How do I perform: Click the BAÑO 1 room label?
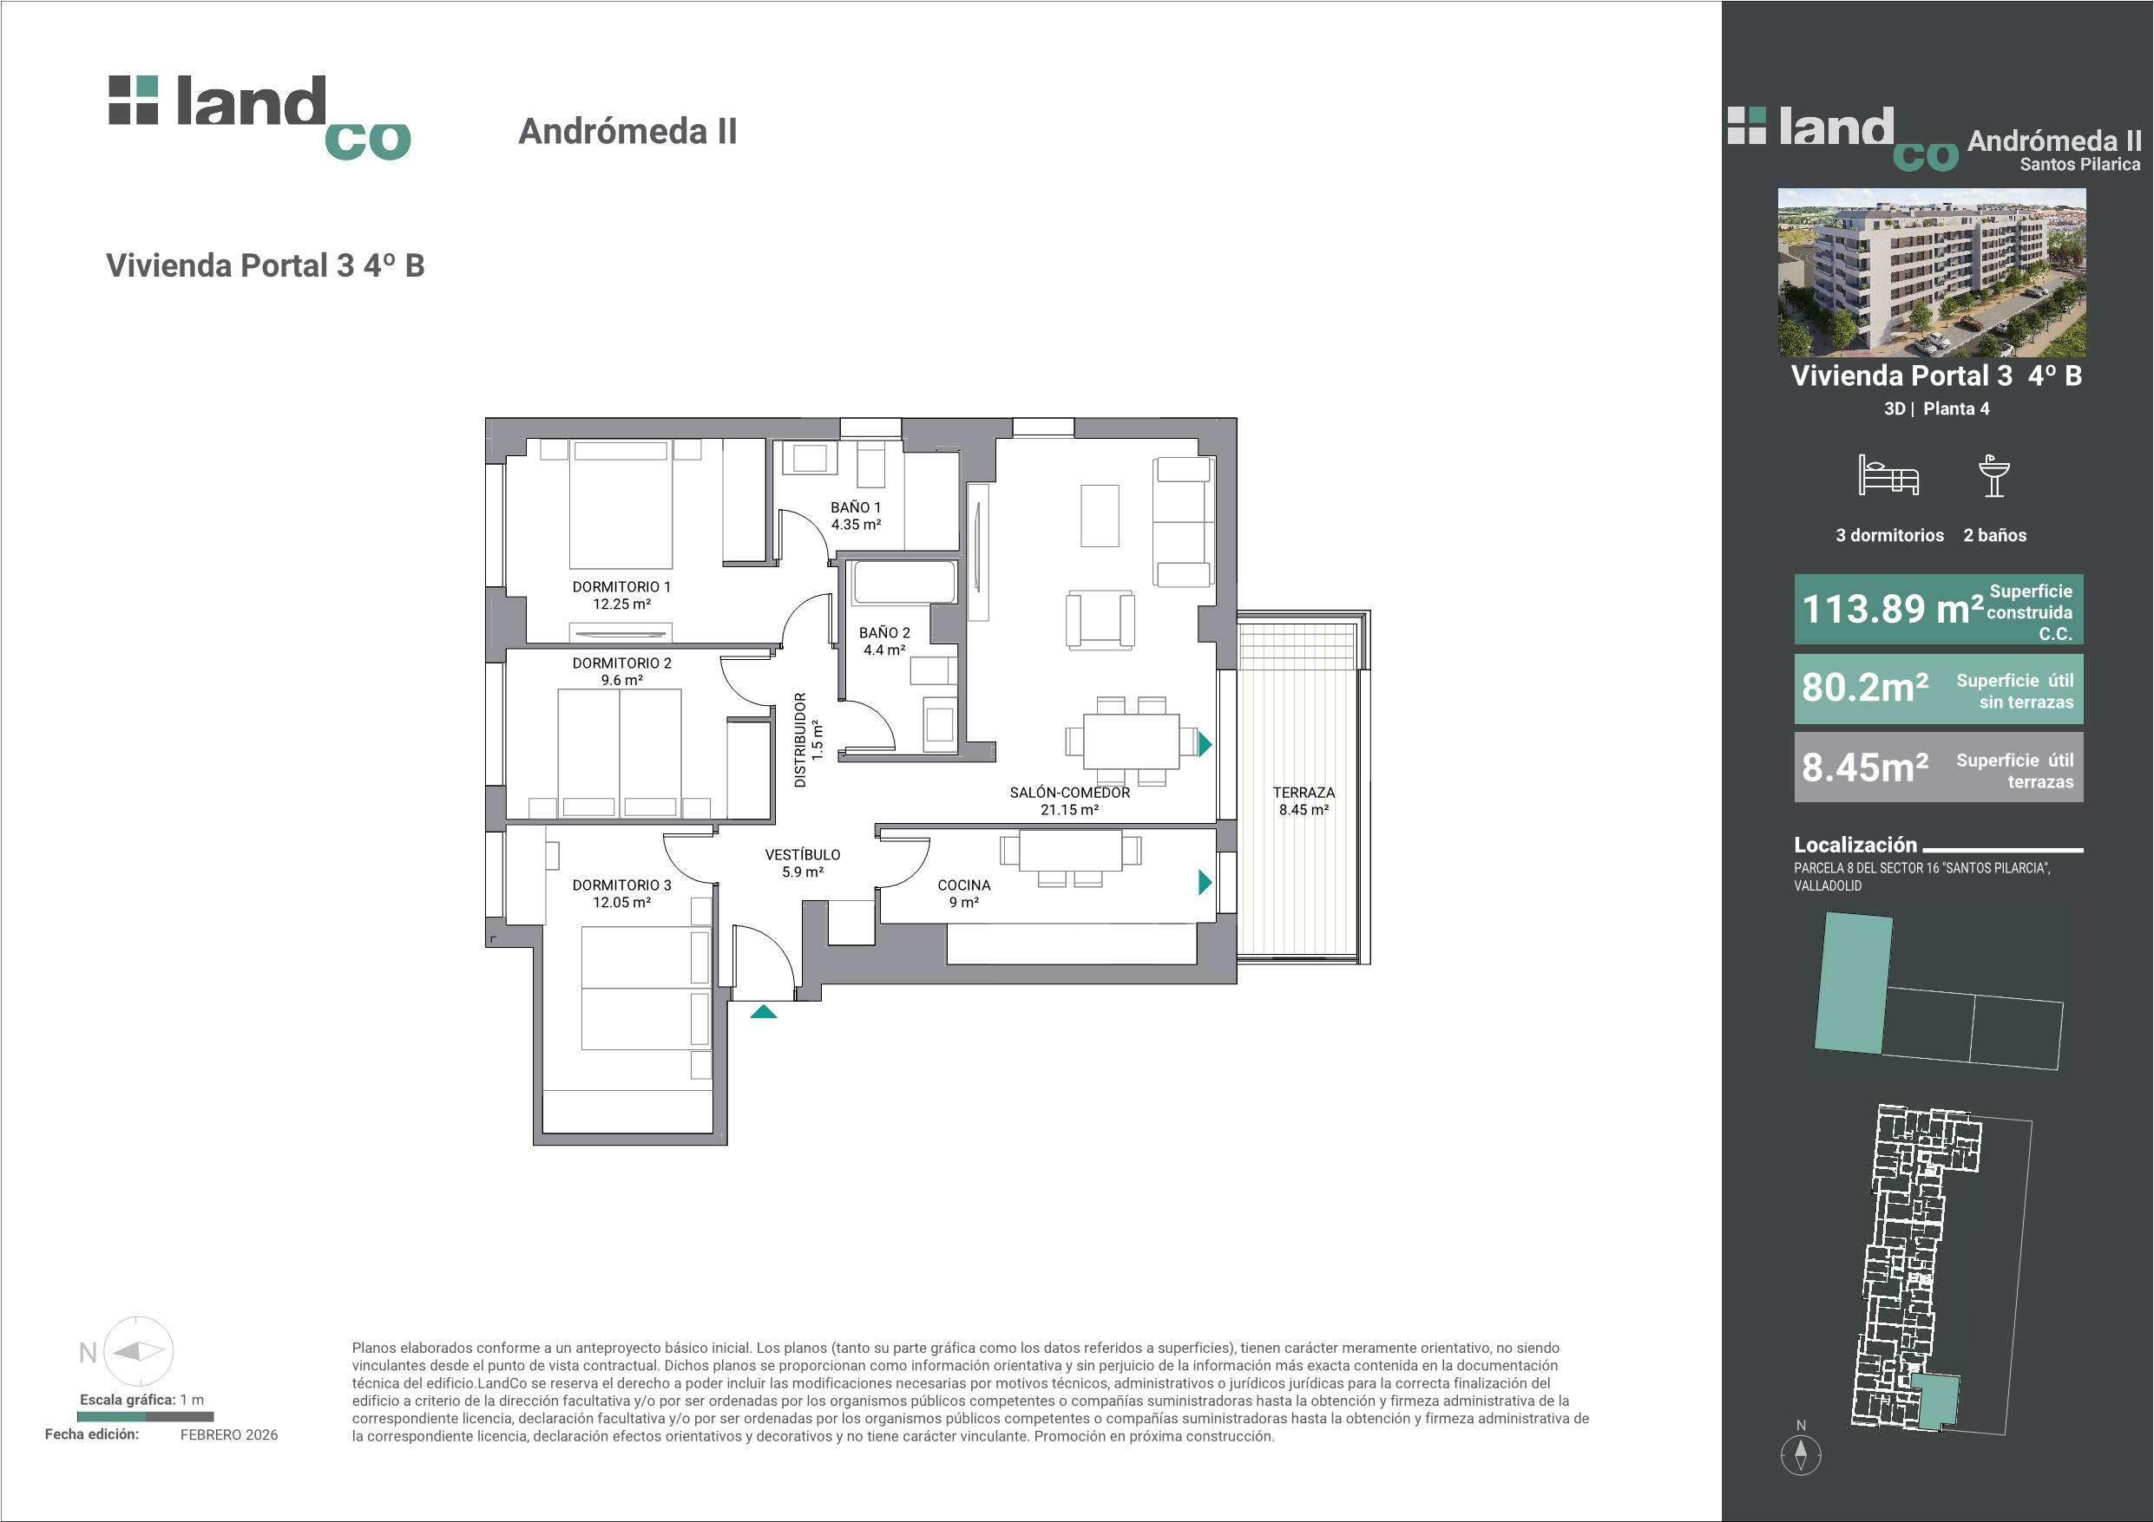(856, 507)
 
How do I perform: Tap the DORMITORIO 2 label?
(622, 663)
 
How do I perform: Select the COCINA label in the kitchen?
(963, 885)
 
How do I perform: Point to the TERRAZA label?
(1304, 793)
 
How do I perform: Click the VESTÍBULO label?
(802, 854)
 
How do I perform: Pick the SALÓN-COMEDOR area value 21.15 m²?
(1069, 809)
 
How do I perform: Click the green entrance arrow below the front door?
(764, 1011)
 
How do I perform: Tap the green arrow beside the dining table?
(1205, 745)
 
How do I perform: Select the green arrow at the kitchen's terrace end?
(1205, 883)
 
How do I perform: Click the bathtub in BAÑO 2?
(904, 583)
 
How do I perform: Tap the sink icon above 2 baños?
(1993, 475)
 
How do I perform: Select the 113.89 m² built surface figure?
(1892, 610)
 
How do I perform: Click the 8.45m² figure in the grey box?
(1865, 768)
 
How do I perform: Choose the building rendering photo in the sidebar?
(1933, 272)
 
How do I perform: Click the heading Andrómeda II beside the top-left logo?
(627, 131)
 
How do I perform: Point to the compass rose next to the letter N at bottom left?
(138, 1351)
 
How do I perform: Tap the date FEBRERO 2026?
(229, 1434)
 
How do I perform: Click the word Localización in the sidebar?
(1855, 844)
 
